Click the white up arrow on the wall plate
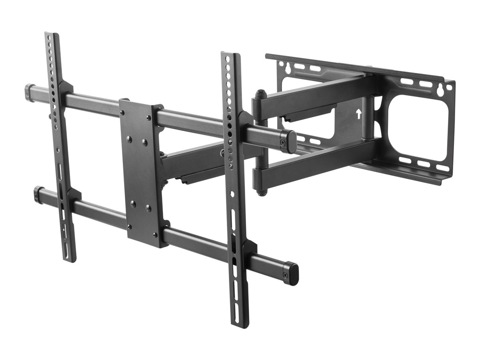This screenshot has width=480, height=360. click(358, 114)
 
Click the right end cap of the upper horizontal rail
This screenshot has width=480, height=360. click(289, 141)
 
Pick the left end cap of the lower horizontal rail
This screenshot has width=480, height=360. click(38, 194)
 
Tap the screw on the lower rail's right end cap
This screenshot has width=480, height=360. click(285, 275)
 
